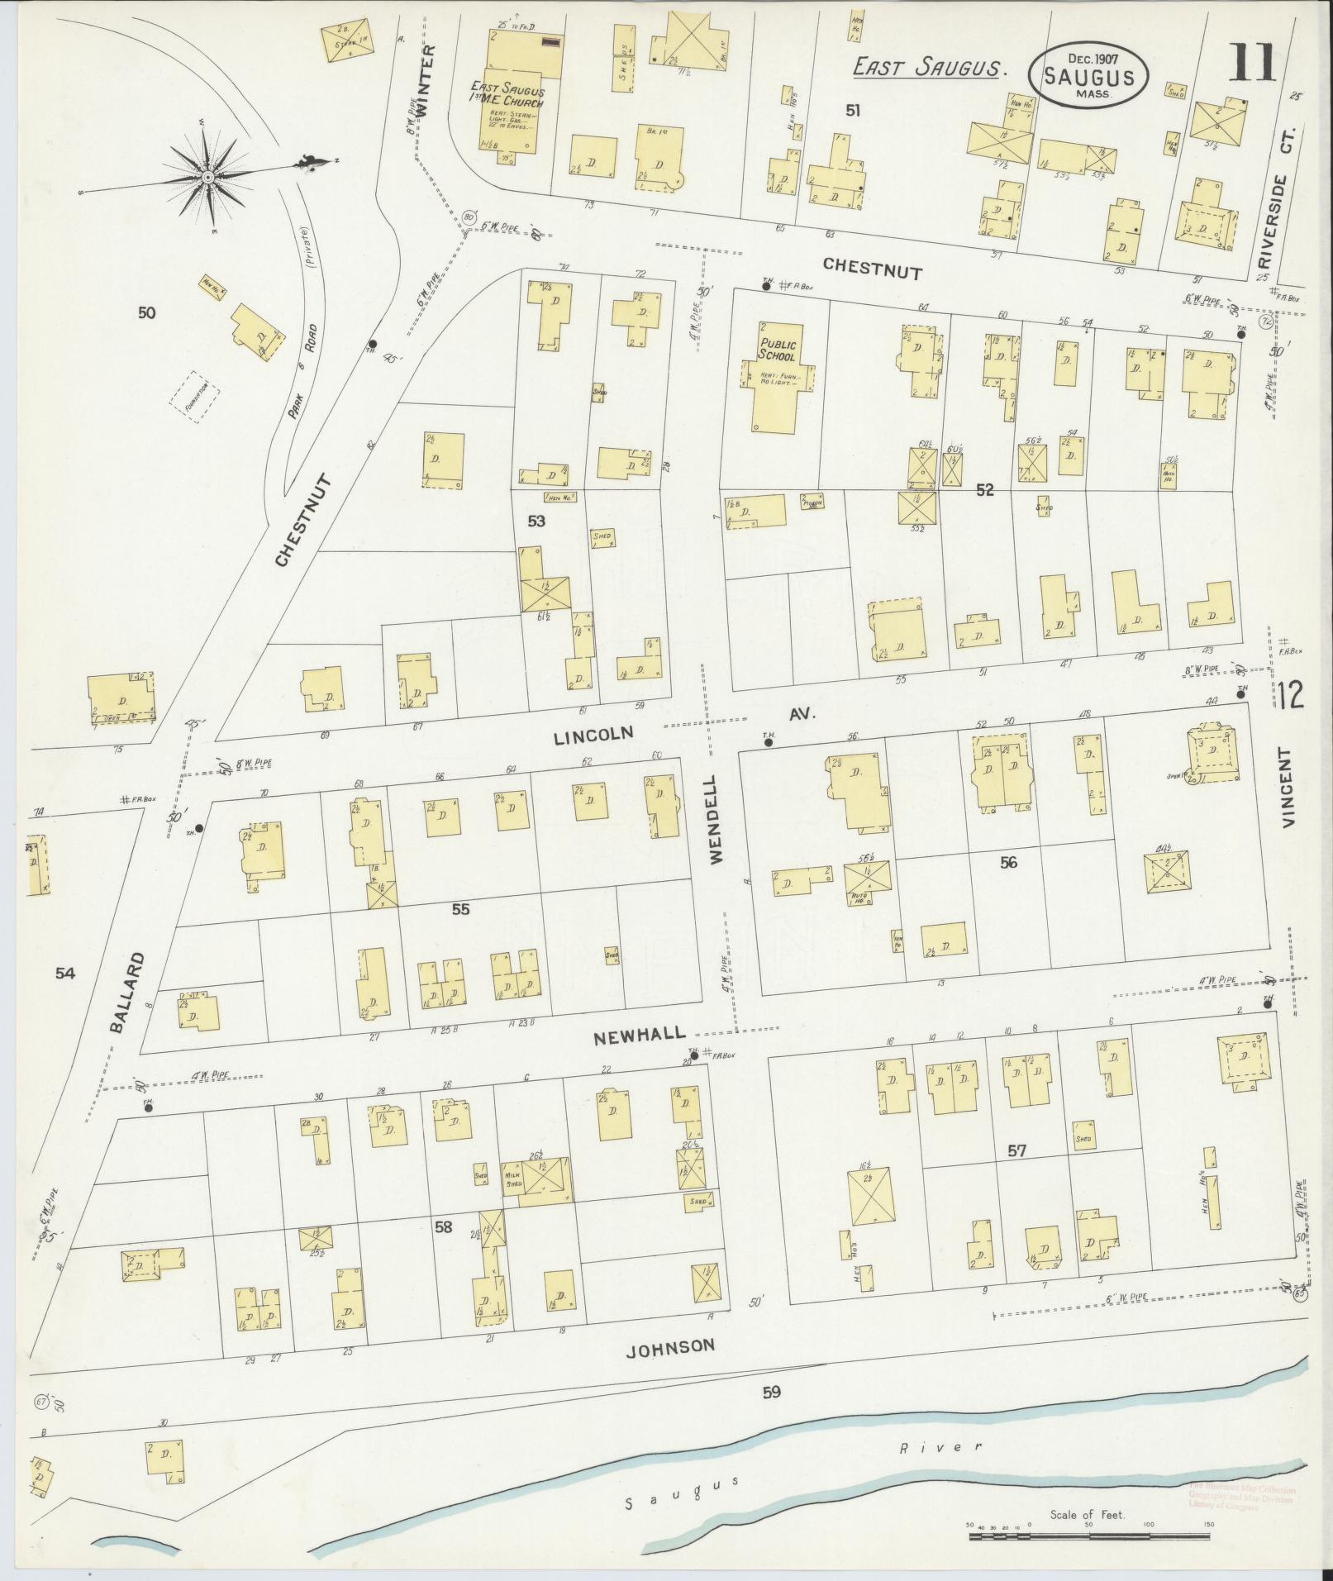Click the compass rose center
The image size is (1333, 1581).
[208, 177]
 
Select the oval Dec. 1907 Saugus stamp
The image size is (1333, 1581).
[1087, 75]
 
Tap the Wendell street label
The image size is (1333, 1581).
[716, 819]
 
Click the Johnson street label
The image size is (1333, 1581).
[670, 1345]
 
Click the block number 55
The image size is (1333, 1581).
[460, 909]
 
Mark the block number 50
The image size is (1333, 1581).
[147, 313]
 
